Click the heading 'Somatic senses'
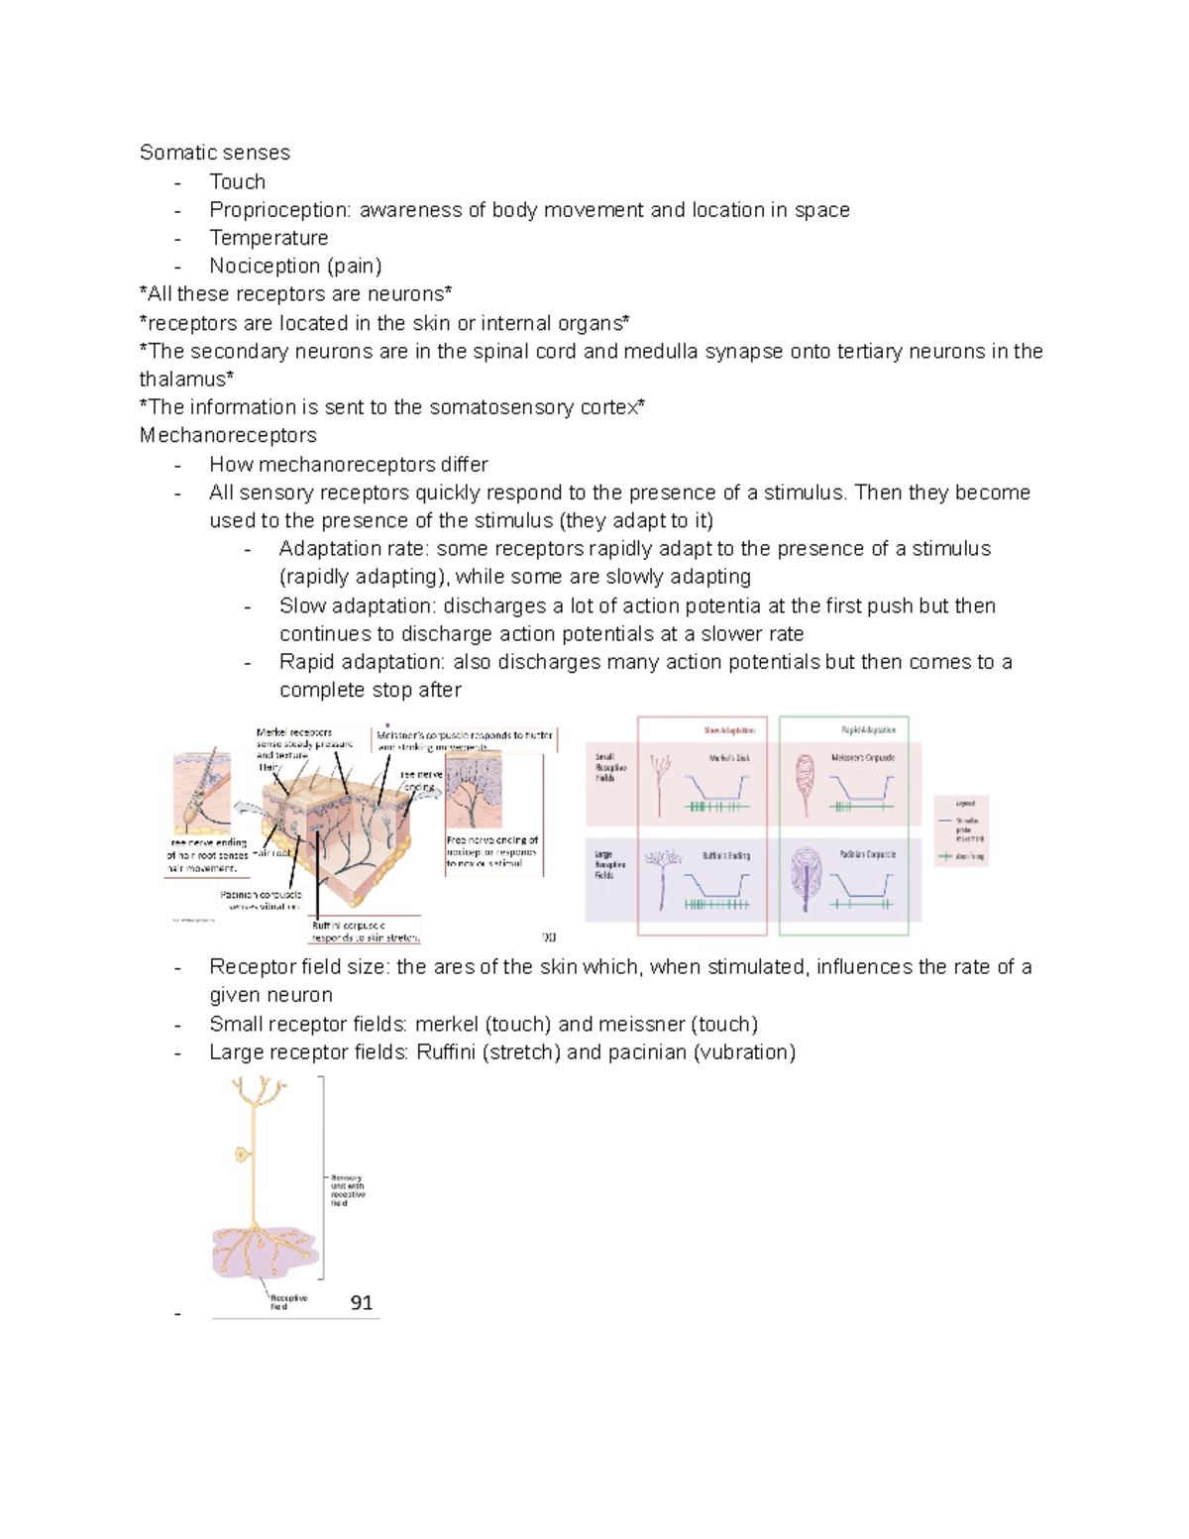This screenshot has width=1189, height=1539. [214, 153]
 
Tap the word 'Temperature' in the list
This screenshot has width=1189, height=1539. [269, 238]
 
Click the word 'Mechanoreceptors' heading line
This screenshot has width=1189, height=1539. [228, 435]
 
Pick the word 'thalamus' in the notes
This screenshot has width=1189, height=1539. [182, 379]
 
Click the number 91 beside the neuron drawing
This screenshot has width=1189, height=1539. [362, 1303]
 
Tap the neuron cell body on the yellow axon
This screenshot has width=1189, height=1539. [242, 1154]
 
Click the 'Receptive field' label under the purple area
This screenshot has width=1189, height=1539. [288, 1301]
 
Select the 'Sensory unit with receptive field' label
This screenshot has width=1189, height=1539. [347, 1190]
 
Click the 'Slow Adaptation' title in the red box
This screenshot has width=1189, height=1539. [729, 730]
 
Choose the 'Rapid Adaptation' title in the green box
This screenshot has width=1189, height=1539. [868, 730]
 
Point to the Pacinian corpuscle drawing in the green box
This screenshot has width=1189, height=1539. [807, 876]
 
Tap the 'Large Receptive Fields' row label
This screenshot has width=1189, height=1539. [609, 865]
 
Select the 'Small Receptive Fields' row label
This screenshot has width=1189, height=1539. [609, 768]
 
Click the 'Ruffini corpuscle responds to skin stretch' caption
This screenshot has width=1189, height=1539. [366, 931]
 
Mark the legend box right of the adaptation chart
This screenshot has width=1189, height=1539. [961, 830]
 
